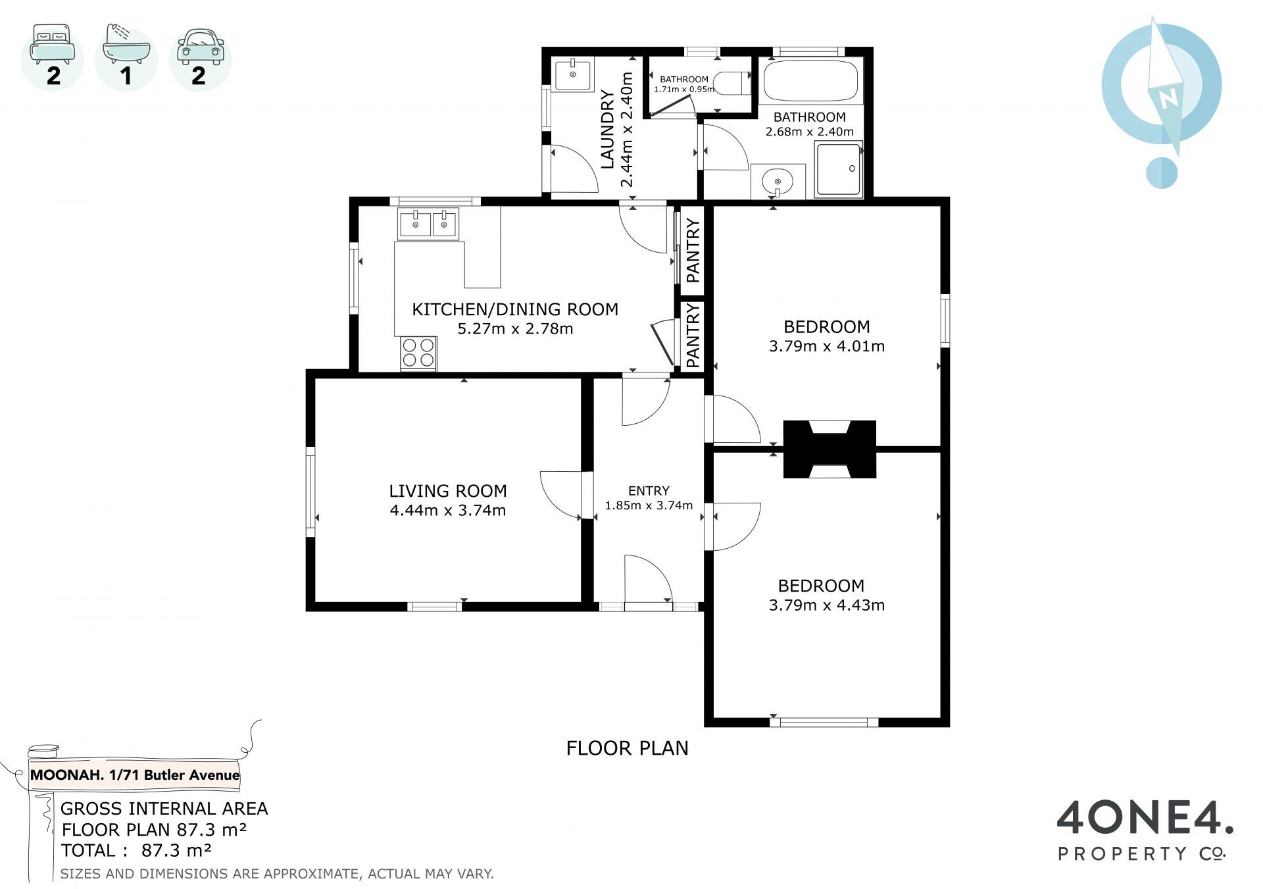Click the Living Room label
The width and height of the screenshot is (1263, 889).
(447, 491)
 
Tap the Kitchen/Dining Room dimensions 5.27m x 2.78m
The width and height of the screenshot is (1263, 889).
(515, 328)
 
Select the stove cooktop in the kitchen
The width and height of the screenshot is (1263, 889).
(418, 353)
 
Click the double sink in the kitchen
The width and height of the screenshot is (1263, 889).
(428, 224)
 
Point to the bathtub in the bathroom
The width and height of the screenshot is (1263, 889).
(810, 81)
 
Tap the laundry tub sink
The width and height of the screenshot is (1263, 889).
(572, 74)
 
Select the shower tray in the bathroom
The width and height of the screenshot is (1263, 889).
(839, 169)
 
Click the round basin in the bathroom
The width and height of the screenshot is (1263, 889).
(778, 181)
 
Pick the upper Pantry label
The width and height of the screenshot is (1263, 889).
(693, 250)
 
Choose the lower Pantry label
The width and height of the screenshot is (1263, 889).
(693, 336)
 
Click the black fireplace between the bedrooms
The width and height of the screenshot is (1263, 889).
(830, 449)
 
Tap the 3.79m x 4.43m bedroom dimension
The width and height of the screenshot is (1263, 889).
(827, 605)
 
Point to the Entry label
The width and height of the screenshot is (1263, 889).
(649, 491)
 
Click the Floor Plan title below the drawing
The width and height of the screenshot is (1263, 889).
(627, 748)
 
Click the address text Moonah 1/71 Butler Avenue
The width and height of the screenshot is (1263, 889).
(135, 775)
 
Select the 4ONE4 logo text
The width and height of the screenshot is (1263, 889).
(1145, 818)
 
